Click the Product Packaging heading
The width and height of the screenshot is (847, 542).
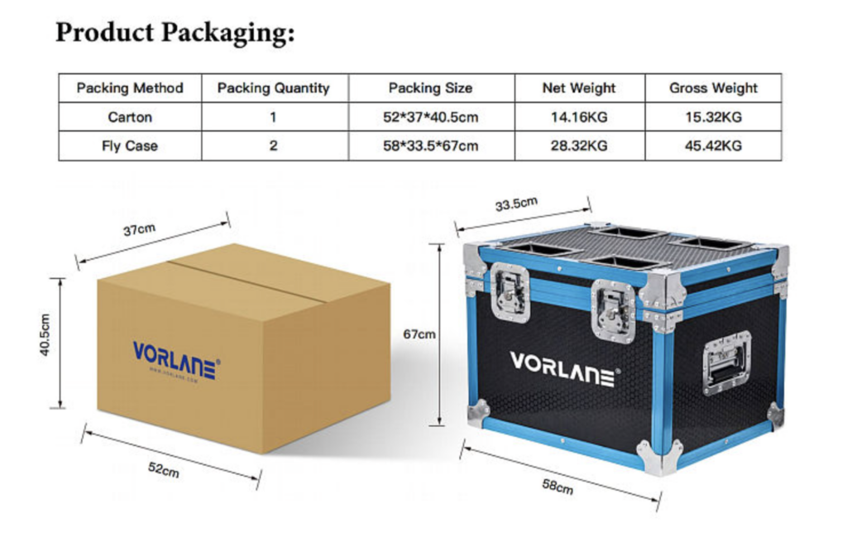[175, 32]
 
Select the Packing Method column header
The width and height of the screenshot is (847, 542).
[130, 88]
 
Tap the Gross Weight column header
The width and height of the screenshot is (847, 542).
[713, 88]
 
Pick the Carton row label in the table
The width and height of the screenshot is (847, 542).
[130, 117]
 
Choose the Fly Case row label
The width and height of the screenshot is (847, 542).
[130, 146]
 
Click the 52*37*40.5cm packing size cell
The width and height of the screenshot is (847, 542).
[430, 117]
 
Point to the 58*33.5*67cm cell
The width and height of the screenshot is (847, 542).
[430, 146]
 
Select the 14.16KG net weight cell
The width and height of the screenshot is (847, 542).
[579, 117]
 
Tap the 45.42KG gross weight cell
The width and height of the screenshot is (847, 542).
[713, 146]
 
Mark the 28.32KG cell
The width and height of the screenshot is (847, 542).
[579, 146]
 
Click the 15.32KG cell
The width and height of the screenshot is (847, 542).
[713, 117]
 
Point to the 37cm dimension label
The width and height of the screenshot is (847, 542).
[138, 230]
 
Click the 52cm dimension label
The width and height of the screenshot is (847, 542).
[163, 469]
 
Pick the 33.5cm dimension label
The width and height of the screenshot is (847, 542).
[516, 204]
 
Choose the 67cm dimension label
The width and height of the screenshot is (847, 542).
[419, 334]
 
